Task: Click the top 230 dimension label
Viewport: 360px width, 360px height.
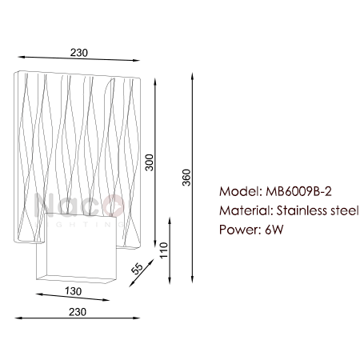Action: click(79, 53)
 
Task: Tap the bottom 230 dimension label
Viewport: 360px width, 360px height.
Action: click(78, 312)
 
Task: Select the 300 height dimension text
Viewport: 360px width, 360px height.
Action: click(150, 162)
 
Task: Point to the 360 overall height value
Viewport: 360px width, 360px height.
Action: click(186, 178)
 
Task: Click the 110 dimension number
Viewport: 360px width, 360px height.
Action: click(164, 250)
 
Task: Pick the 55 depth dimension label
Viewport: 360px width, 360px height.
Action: click(138, 269)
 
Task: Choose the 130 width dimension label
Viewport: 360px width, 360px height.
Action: click(74, 291)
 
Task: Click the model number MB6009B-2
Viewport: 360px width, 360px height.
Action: click(298, 191)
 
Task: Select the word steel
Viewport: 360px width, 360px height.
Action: click(345, 210)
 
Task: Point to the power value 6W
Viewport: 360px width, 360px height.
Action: click(274, 230)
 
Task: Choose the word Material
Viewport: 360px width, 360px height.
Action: click(246, 210)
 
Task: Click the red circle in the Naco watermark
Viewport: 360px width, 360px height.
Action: click(114, 206)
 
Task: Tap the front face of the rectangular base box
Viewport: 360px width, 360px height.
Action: click(82, 246)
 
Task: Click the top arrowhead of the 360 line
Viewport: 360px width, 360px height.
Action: click(192, 75)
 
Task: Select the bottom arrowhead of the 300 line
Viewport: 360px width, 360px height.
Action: click(155, 244)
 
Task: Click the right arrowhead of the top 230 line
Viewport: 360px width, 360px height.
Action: click(137, 60)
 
